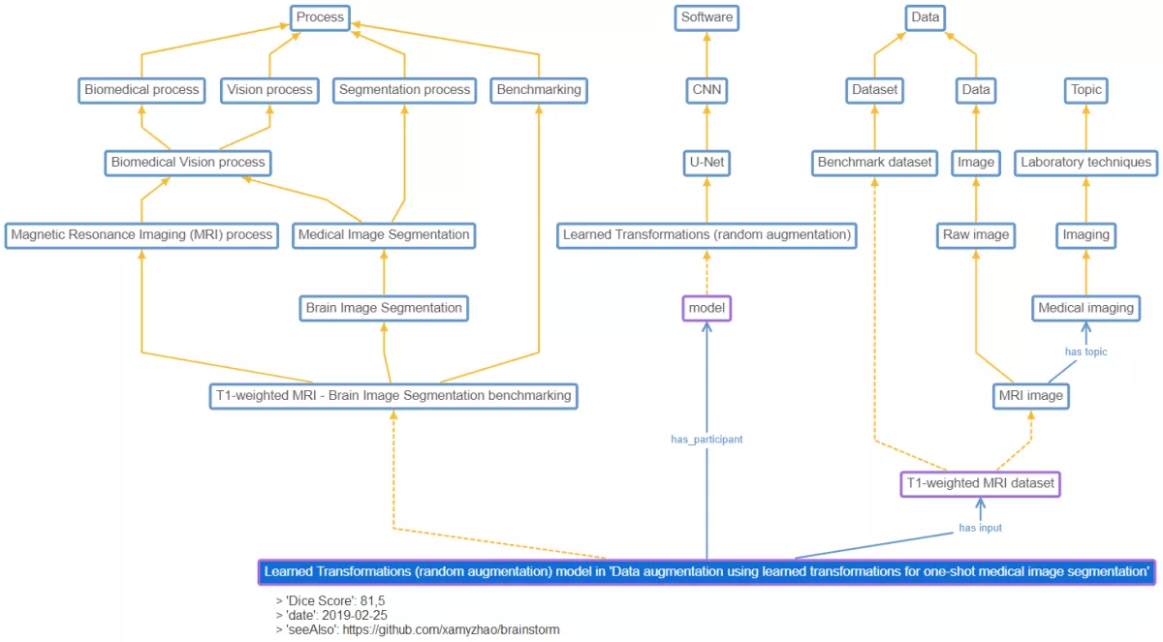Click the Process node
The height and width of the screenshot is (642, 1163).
click(320, 17)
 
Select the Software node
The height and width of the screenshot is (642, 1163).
click(707, 17)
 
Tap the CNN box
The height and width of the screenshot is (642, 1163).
click(707, 90)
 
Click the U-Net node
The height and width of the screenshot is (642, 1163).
click(707, 163)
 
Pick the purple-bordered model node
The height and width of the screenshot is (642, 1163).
click(707, 308)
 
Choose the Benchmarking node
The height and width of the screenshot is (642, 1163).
click(538, 90)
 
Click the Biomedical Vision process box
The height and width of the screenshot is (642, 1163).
click(188, 163)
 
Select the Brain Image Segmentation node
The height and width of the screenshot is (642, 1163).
click(384, 308)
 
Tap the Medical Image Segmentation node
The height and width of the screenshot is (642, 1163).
click(384, 234)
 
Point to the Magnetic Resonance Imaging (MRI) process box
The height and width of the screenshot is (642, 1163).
click(141, 234)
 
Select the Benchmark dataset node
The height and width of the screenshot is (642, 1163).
click(874, 163)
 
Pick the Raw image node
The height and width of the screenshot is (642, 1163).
click(976, 234)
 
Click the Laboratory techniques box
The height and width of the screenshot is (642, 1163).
click(1085, 163)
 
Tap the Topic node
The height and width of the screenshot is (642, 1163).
click(1085, 90)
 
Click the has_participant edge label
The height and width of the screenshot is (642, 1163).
click(707, 440)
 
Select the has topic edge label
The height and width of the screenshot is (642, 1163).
click(1085, 352)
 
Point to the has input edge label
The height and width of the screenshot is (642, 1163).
click(980, 528)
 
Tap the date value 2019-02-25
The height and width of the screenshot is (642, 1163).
click(355, 615)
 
